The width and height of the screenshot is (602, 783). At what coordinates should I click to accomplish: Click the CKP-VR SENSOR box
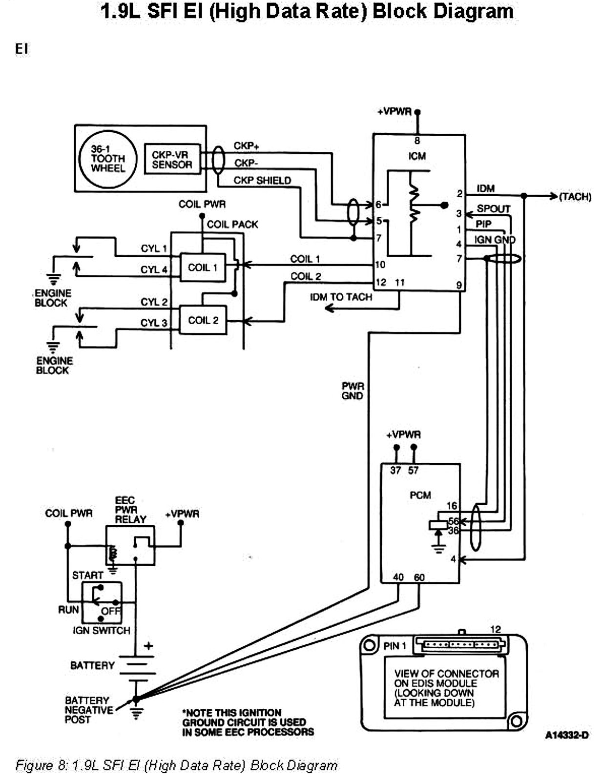[172, 159]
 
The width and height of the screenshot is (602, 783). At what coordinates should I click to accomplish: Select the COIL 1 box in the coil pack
[203, 268]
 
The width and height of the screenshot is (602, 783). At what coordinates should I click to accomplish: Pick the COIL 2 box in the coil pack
[203, 320]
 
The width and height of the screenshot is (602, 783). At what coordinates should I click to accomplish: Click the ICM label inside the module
[417, 156]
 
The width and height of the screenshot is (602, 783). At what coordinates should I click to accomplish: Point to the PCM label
[420, 495]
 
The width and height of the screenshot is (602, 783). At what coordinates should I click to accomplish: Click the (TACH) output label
[575, 197]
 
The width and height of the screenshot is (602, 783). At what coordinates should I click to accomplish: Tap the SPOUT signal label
[493, 209]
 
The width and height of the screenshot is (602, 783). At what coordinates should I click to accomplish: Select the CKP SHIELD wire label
[262, 181]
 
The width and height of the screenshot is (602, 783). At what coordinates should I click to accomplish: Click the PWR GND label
[353, 391]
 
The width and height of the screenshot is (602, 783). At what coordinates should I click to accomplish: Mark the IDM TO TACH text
[341, 297]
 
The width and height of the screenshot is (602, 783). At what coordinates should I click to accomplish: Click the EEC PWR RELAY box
[130, 545]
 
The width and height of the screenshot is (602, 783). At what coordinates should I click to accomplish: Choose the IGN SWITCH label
[102, 630]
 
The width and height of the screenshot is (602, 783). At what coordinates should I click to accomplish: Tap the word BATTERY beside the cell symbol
[92, 665]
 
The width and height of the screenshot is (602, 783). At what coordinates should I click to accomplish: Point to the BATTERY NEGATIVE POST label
[88, 710]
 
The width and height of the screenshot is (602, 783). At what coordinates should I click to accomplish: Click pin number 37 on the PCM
[395, 470]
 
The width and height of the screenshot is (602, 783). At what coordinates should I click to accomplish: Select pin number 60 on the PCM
[419, 577]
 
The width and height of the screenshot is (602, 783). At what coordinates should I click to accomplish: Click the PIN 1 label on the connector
[394, 646]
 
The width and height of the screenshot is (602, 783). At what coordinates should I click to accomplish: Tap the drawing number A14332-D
[566, 735]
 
